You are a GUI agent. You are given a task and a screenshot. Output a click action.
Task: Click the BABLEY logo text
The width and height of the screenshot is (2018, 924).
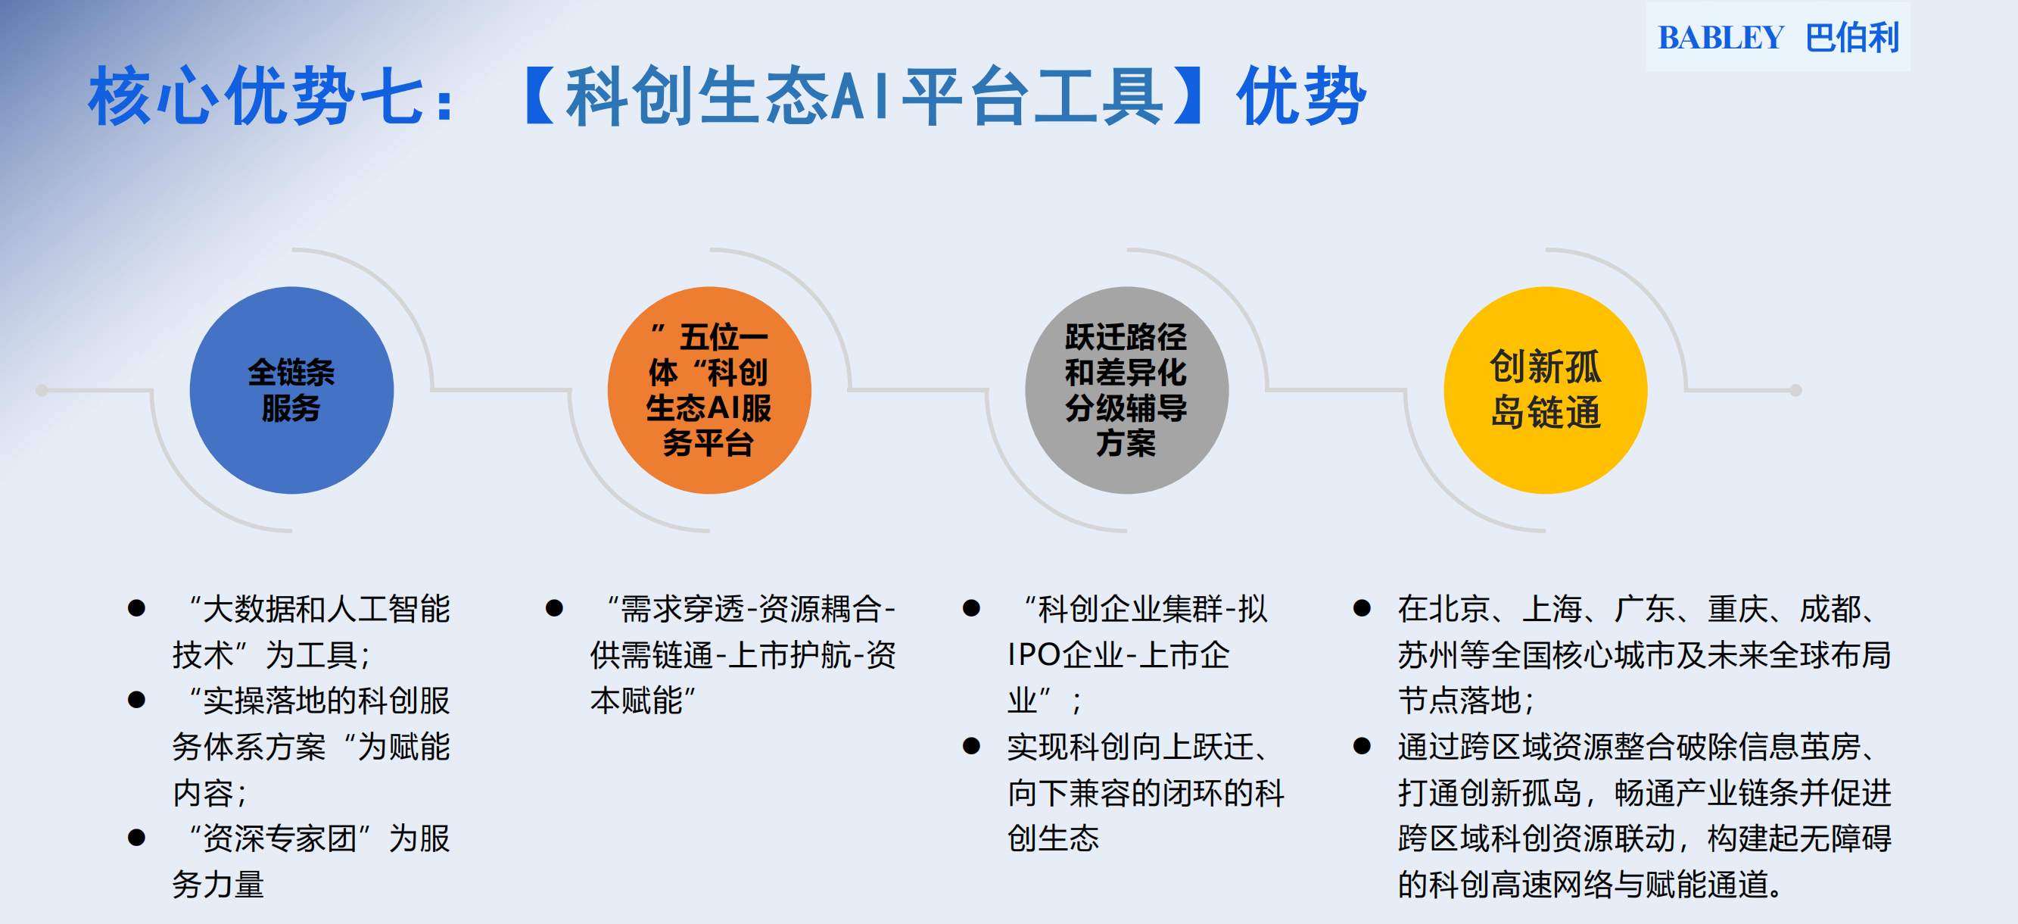(1721, 38)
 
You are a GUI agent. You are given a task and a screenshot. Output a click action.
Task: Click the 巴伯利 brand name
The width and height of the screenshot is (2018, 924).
(1852, 38)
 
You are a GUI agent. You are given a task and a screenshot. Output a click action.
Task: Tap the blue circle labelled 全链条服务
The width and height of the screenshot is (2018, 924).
(291, 389)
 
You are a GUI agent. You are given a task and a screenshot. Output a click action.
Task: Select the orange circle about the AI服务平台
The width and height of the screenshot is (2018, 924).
(709, 389)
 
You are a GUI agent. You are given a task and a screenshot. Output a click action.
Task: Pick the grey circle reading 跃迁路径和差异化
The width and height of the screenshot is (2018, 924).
(1126, 389)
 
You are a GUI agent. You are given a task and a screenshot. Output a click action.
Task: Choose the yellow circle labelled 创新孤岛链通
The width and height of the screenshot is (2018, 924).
(1545, 389)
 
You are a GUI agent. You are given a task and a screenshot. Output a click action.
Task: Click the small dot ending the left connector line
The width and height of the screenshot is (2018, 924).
(42, 389)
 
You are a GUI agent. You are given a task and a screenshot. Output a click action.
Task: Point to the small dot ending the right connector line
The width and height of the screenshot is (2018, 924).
(1795, 389)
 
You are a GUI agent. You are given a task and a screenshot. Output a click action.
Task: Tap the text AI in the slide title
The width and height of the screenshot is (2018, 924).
(859, 96)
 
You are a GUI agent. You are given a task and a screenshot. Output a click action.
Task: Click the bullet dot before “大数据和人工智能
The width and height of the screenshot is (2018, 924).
(136, 608)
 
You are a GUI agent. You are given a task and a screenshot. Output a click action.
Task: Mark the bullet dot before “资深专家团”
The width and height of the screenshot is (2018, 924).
(136, 838)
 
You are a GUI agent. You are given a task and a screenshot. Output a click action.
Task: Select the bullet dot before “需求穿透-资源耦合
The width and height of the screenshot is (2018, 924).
(554, 608)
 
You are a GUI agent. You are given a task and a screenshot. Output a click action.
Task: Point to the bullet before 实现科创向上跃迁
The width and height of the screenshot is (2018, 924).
(971, 746)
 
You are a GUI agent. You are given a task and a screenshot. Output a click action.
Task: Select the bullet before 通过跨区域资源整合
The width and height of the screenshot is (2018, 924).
(1362, 746)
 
